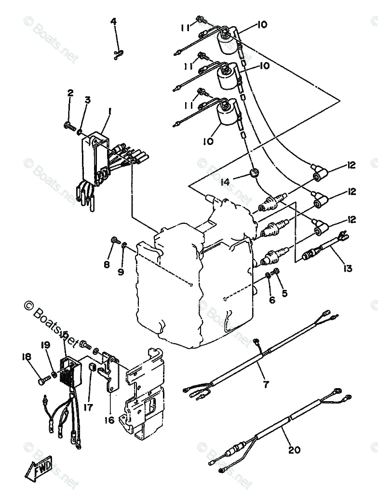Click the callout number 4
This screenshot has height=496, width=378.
[x=113, y=21]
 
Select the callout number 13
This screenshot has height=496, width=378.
[x=348, y=268]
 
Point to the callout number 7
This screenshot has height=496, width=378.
[x=266, y=384]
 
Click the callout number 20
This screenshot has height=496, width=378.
[x=294, y=450]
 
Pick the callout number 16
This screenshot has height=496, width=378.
[x=109, y=420]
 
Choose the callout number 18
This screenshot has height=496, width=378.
[x=26, y=356]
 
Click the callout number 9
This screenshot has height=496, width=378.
[x=121, y=272]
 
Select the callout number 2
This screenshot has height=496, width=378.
[x=70, y=93]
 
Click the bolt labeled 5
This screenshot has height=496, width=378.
[x=277, y=272]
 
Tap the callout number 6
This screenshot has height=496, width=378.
[x=272, y=300]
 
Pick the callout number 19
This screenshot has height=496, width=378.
[x=45, y=345]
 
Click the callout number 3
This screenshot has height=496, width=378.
[x=87, y=100]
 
